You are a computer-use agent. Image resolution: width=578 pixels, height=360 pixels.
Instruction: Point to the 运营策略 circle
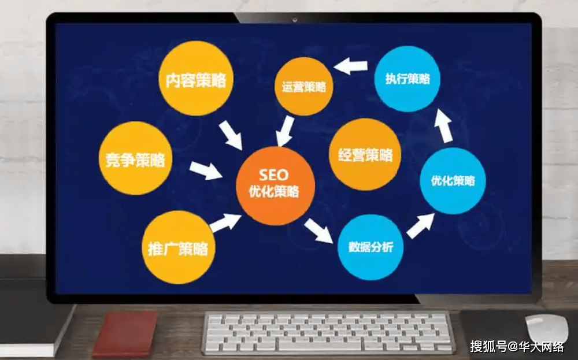point(304,86)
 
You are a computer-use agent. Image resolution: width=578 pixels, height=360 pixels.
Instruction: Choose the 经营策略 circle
point(365,154)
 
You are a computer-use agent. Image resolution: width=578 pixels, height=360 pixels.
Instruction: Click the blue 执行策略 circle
point(407,78)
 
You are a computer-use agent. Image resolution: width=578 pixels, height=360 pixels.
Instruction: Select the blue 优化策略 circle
point(453,180)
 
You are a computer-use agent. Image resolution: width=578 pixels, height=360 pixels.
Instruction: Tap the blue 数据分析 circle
point(370,246)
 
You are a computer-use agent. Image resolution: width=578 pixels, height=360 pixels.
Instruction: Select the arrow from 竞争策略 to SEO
point(206,170)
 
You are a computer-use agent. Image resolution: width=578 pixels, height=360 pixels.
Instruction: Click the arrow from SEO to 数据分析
point(318,229)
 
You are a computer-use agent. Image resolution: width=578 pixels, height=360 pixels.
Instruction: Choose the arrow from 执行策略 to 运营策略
point(351,66)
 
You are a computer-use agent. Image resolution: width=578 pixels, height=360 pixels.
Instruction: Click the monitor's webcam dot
point(295,20)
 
